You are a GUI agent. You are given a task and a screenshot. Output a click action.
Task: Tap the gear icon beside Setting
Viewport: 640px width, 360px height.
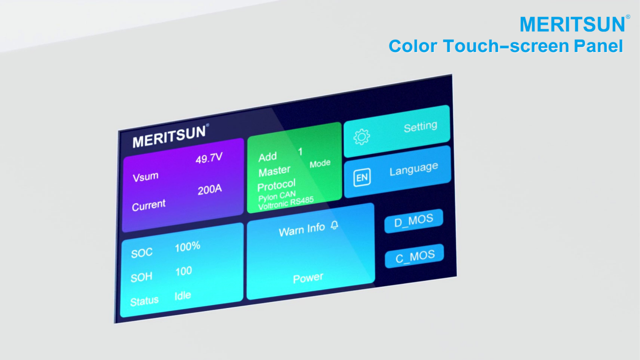362,137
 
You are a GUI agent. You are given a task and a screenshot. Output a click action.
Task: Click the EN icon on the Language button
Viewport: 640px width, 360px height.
362,177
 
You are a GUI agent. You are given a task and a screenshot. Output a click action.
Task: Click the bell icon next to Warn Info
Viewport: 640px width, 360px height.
334,225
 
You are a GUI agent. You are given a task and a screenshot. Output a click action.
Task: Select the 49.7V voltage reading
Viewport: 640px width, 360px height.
209,158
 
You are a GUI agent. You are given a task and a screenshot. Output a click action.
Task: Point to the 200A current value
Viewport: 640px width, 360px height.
210,189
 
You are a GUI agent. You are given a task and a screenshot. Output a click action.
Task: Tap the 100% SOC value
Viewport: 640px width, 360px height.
187,247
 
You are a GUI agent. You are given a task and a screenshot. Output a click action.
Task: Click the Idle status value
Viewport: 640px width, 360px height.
182,295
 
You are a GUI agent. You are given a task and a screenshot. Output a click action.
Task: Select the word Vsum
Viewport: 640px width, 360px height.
145,177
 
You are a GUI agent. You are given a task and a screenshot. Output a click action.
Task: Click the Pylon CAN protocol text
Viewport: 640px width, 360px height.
277,196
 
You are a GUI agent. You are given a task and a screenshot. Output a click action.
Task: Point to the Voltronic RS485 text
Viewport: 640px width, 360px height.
286,202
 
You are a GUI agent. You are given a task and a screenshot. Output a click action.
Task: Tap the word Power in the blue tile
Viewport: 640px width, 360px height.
308,278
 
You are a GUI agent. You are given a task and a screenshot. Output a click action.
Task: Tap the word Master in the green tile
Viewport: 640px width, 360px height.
274,171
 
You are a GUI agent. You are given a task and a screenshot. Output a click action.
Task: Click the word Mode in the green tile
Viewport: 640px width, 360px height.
320,164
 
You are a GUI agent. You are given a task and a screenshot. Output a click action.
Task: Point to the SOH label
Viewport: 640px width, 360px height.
141,277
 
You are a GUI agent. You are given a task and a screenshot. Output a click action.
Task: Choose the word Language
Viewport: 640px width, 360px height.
414,169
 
